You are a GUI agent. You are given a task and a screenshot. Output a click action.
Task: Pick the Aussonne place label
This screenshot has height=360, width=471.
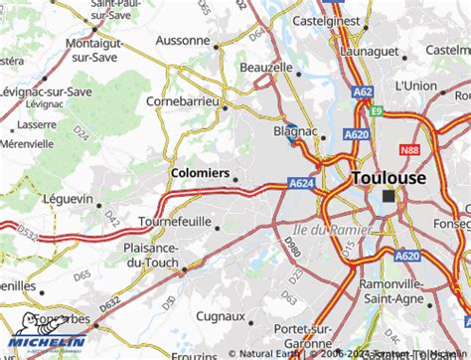pos(184,41)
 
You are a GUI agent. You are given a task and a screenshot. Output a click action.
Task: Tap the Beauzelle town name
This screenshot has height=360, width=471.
pos(266,67)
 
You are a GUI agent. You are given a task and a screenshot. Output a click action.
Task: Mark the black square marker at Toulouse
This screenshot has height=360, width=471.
pos(389,197)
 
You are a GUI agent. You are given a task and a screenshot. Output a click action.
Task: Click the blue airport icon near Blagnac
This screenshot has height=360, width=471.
pos(292,141)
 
